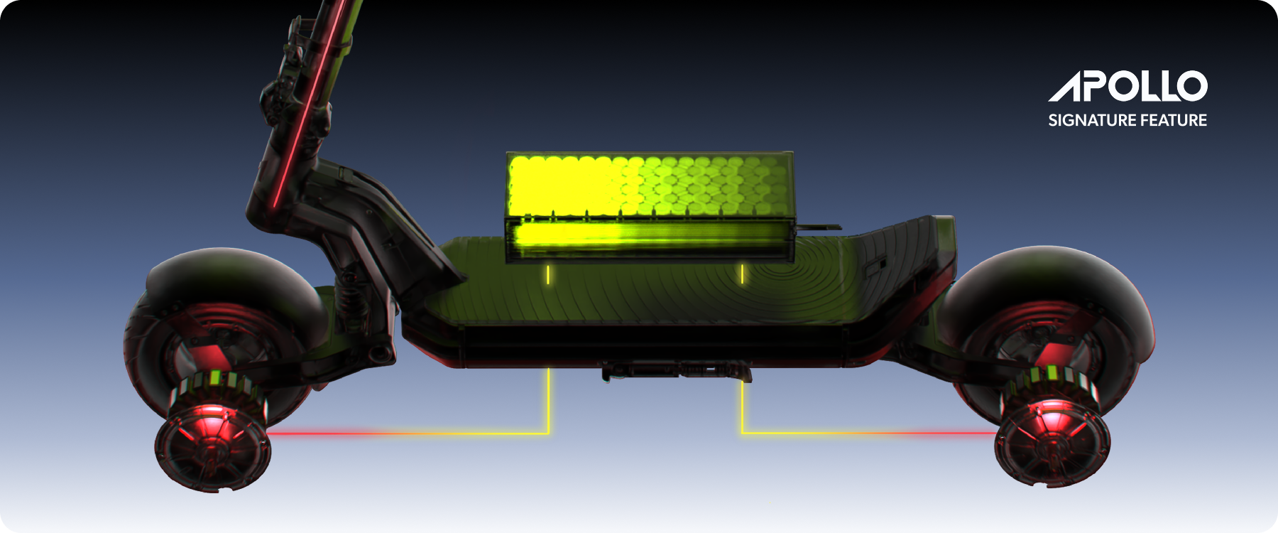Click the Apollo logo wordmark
coord(1127,86)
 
